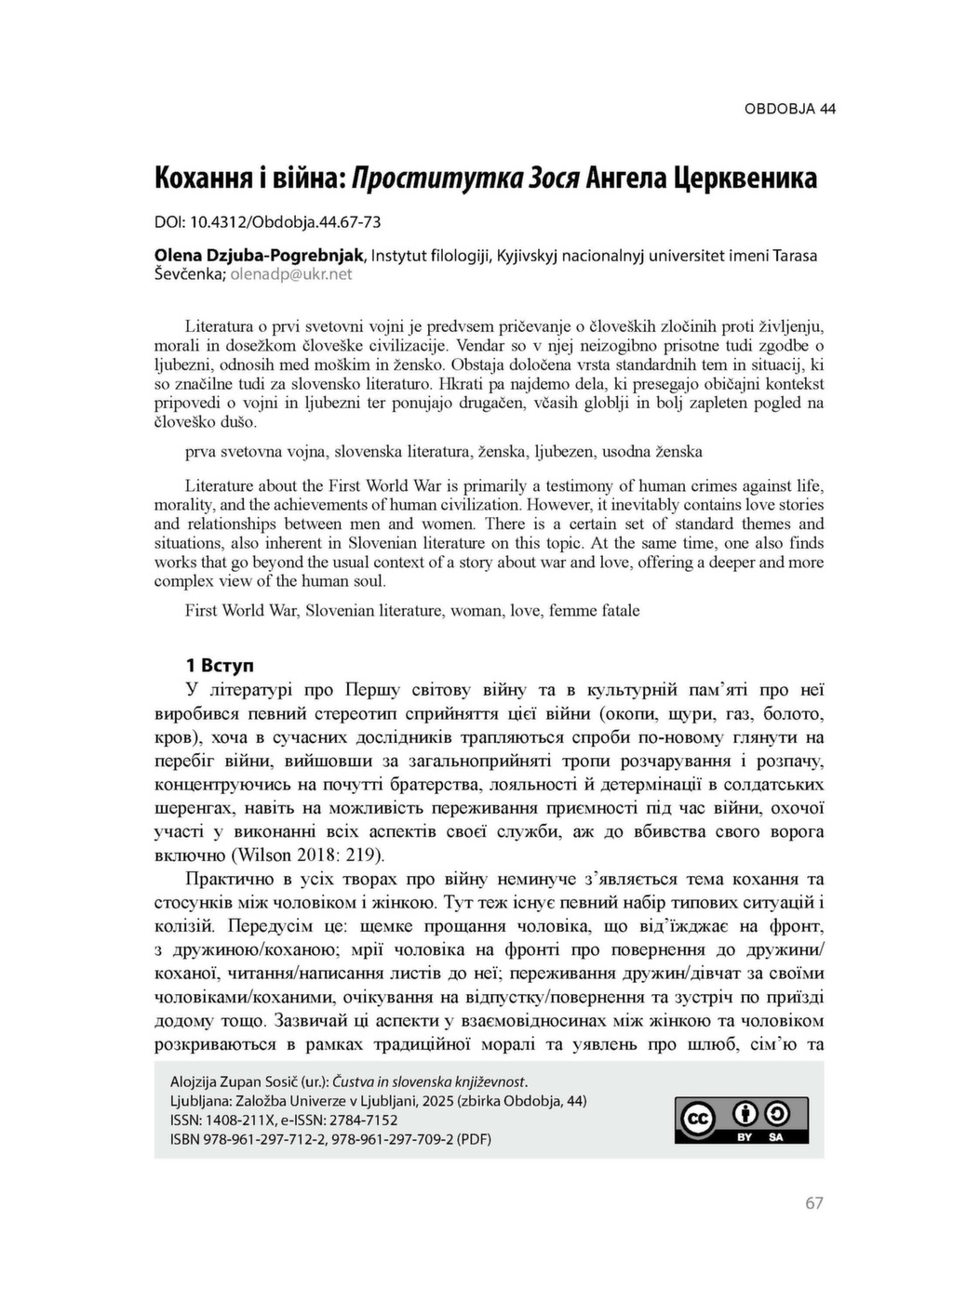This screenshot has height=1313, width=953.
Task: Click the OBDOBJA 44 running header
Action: click(789, 109)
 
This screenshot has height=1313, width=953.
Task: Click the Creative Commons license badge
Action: click(741, 1121)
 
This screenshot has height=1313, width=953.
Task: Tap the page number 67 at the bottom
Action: click(813, 1203)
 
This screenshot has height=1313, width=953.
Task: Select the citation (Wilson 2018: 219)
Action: click(307, 855)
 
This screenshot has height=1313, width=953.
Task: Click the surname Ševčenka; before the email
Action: click(190, 274)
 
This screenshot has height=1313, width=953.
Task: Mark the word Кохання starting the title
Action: click(202, 177)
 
